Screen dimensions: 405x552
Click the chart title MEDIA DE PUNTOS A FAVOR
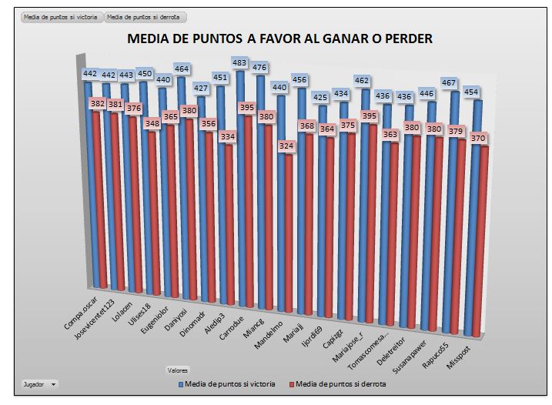(279, 38)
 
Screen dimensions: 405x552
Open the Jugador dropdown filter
(40, 383)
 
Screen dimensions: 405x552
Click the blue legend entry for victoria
(229, 383)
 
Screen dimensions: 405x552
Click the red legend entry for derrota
(336, 383)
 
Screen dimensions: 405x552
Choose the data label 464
(183, 69)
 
